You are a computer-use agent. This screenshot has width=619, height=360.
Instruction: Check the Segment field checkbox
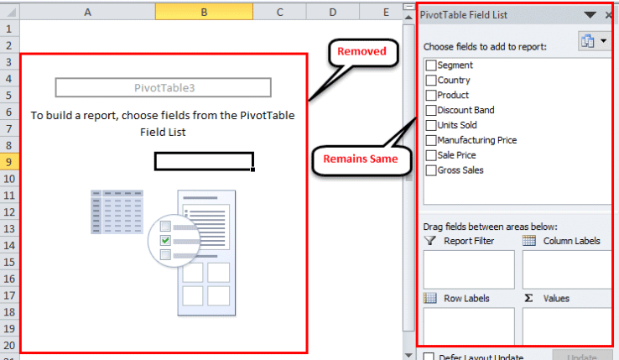point(431,65)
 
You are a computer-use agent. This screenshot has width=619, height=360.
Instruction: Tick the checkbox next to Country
point(431,81)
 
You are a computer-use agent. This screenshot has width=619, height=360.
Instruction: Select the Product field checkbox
point(431,96)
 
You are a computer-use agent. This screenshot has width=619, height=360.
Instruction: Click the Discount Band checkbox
point(431,110)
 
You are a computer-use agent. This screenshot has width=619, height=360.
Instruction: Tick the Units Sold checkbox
point(431,125)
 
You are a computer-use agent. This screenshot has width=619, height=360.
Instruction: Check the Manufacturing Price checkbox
point(431,140)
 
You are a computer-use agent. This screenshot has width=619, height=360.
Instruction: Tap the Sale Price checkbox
point(431,155)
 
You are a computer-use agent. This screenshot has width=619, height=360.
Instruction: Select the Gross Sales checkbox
point(431,170)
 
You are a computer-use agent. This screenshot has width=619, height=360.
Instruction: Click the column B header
point(204,13)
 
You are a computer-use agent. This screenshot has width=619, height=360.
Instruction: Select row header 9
point(9,162)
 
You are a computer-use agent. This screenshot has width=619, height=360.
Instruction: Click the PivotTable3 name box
point(164,87)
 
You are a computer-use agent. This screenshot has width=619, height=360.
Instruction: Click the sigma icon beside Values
point(528,298)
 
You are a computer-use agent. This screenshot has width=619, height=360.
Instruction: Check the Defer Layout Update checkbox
point(429,356)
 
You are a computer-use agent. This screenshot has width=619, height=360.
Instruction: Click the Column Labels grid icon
point(529,241)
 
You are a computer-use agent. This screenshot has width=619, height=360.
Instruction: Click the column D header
point(332,13)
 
